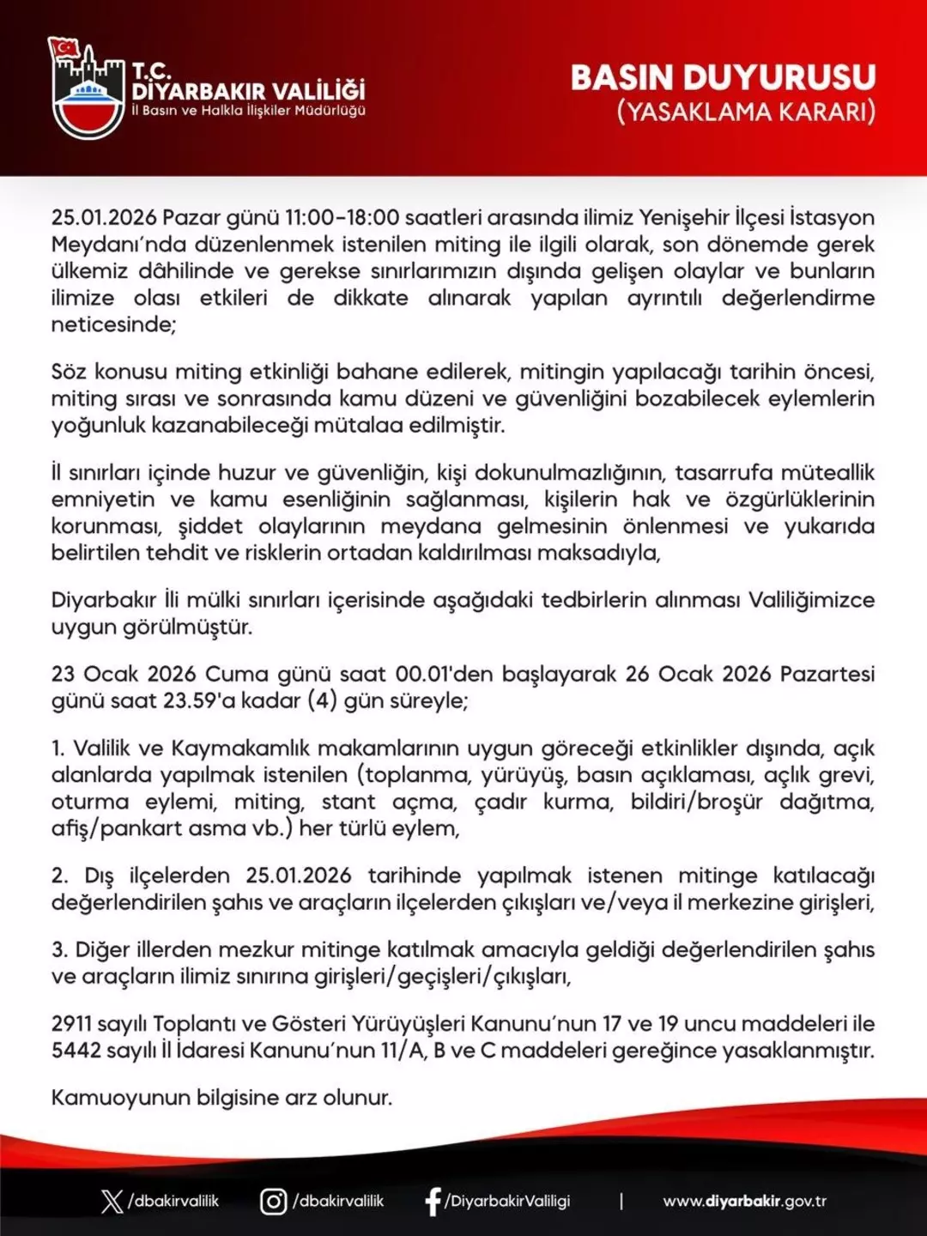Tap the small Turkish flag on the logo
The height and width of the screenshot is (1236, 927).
[x=64, y=47]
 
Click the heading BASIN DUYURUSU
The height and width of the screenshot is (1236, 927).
[x=723, y=77]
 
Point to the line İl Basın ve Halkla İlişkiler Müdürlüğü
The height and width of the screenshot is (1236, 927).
[x=249, y=111]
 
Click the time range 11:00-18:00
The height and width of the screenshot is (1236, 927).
[x=342, y=218]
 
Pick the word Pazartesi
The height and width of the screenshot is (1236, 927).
[x=827, y=674]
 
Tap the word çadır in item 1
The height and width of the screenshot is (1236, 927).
[x=500, y=802]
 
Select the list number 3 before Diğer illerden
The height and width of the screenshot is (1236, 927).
[x=58, y=949]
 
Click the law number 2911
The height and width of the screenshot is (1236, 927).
[x=70, y=1023]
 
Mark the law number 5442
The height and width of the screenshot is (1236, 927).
[x=72, y=1050]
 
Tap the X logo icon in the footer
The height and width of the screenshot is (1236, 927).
[x=112, y=1201]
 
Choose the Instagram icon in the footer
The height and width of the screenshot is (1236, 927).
[x=273, y=1201]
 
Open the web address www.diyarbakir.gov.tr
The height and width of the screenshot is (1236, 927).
[x=744, y=1201]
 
